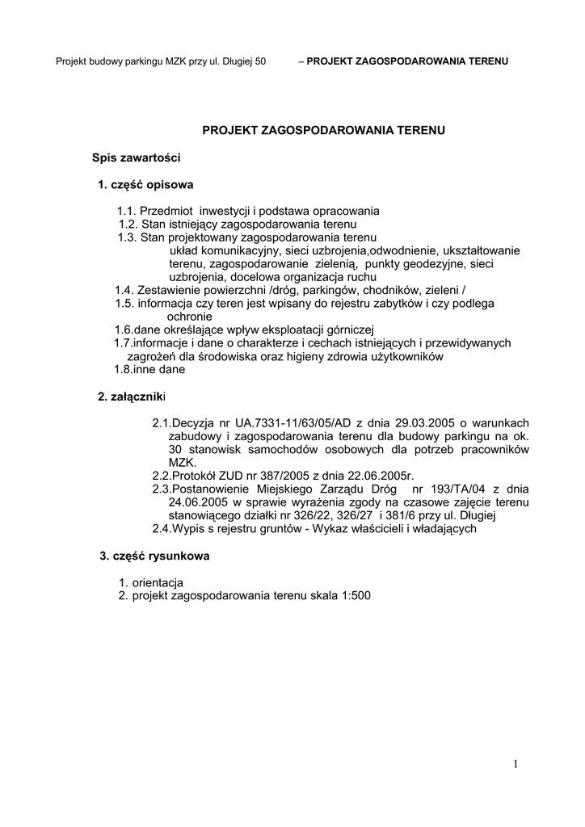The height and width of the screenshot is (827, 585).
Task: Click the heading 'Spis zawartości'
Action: click(136, 157)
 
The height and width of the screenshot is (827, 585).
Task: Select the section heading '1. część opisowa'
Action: click(145, 184)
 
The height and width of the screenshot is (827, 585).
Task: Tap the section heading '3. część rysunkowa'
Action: click(155, 556)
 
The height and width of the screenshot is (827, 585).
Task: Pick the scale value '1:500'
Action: click(355, 595)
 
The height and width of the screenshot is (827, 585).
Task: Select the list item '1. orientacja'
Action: click(151, 582)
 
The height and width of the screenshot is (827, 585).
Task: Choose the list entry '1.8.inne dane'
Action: click(149, 370)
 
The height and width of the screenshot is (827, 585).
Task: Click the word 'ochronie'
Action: click(189, 317)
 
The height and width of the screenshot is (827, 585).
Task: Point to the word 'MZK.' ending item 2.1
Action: click(182, 462)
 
